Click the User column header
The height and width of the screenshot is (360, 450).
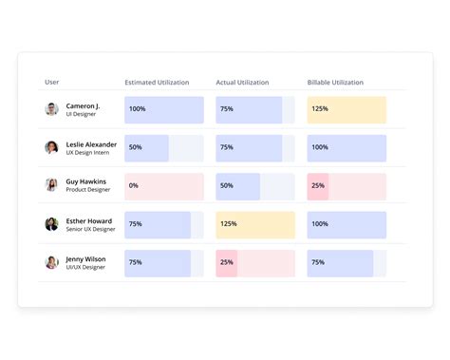pos(52,83)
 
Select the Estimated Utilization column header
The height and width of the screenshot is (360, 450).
pos(157,83)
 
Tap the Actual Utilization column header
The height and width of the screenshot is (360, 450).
pos(242,83)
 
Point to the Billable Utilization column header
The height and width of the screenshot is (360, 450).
pos(335,83)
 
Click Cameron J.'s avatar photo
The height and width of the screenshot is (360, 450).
pos(52,109)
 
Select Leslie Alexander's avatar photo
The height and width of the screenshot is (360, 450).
pos(52,147)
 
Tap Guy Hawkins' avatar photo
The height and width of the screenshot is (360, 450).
pos(52,185)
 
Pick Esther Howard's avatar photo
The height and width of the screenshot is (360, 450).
pos(52,224)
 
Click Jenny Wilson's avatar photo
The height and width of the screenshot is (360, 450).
pos(52,263)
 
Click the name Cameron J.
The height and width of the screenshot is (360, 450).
pos(83,105)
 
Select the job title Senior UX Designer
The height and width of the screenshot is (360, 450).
pos(91,229)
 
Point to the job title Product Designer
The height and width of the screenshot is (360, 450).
pos(88,190)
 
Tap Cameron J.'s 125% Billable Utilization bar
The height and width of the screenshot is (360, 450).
pos(347,109)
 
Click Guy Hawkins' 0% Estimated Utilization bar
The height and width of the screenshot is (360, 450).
pos(164,186)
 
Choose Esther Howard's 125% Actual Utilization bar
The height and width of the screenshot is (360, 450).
pos(255,225)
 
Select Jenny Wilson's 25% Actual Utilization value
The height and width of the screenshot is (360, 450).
pos(227,263)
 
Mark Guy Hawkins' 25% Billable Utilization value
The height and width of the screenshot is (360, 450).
pos(318,186)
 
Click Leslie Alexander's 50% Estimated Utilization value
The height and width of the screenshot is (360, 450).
pos(136,148)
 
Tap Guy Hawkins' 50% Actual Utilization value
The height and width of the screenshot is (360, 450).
pos(227,186)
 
